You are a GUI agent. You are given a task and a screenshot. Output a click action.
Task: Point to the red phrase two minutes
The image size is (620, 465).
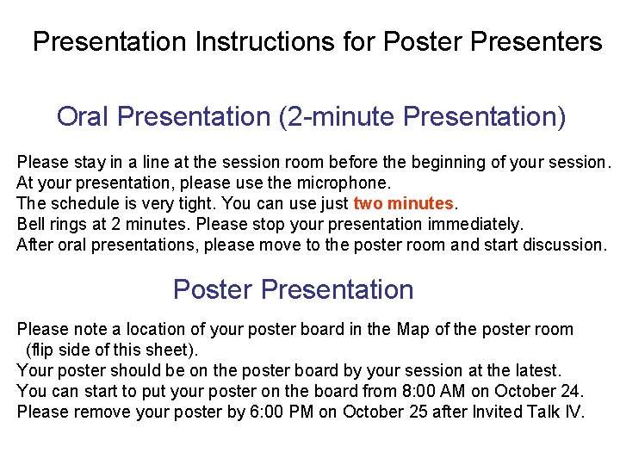point(403,203)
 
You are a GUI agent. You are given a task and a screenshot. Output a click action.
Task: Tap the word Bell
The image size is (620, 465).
point(31,224)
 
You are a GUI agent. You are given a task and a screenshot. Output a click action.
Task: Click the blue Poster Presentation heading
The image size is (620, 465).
point(293,289)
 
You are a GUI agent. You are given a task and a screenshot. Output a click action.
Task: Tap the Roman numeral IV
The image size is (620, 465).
point(572,412)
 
